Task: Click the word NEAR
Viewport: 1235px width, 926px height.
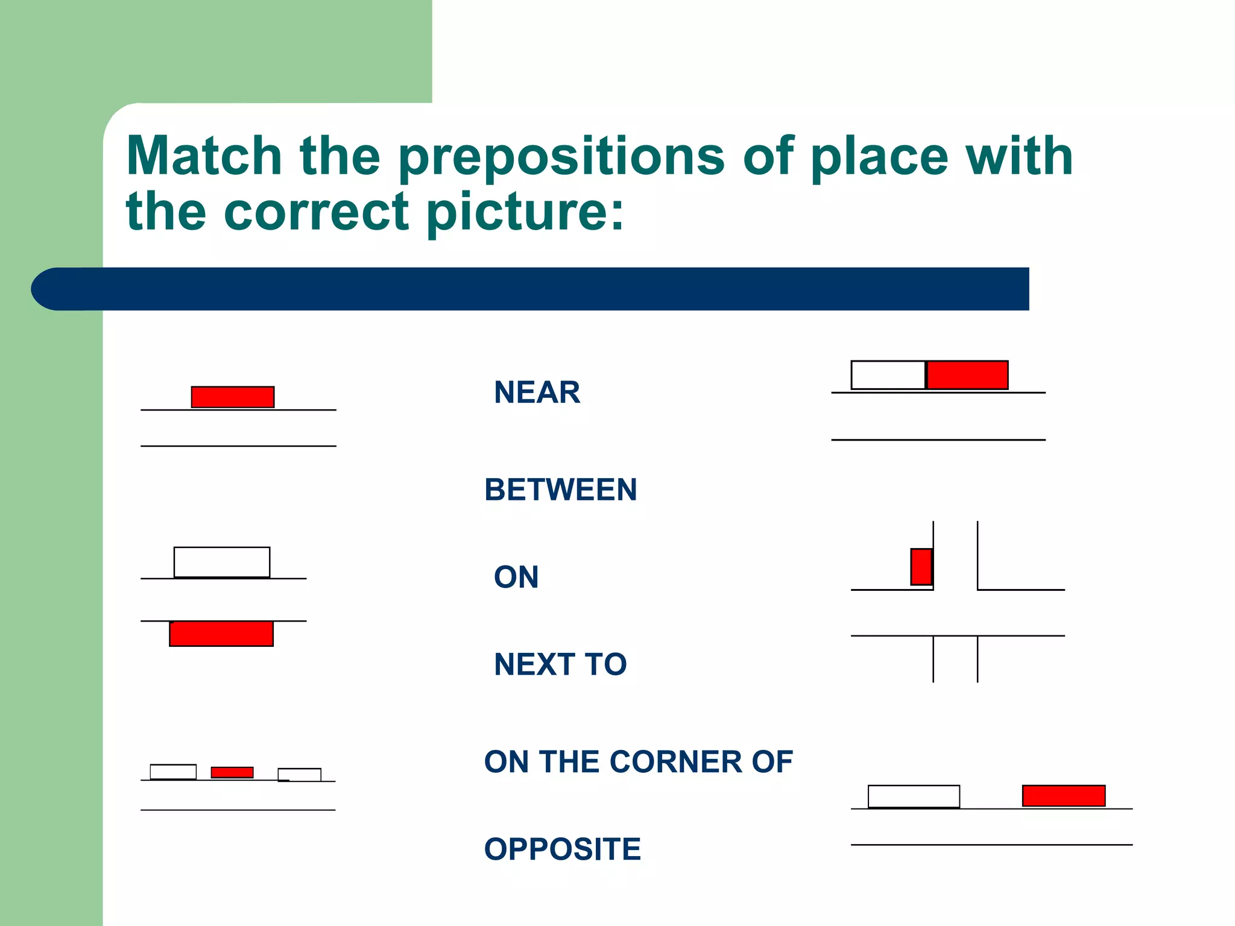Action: pyautogui.click(x=537, y=392)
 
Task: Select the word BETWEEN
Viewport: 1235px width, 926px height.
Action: pyautogui.click(x=560, y=490)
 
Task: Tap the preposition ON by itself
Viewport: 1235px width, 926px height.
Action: pyautogui.click(x=516, y=577)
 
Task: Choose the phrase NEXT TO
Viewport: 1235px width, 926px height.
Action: pyautogui.click(x=560, y=664)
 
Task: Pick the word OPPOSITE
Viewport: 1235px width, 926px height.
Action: pyautogui.click(x=562, y=849)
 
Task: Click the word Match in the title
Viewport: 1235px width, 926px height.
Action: pyautogui.click(x=204, y=156)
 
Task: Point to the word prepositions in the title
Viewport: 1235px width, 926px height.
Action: pyautogui.click(x=561, y=158)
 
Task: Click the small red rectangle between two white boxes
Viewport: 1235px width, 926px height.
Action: pyautogui.click(x=232, y=772)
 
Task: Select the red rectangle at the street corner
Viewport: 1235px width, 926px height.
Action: pyautogui.click(x=921, y=567)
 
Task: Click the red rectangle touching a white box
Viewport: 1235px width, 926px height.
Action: pyautogui.click(x=967, y=375)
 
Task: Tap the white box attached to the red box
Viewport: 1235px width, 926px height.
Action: pyautogui.click(x=888, y=375)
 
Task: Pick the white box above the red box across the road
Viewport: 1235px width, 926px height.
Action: pyautogui.click(x=222, y=562)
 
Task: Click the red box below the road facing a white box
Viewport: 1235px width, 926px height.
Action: pyautogui.click(x=221, y=634)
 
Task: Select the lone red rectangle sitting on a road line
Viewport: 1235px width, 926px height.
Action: pyautogui.click(x=233, y=397)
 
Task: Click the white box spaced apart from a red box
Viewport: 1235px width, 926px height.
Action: pyautogui.click(x=914, y=796)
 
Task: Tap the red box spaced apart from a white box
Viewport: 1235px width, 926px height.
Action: pyautogui.click(x=1064, y=796)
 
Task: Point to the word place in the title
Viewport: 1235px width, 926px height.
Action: pyautogui.click(x=879, y=158)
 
